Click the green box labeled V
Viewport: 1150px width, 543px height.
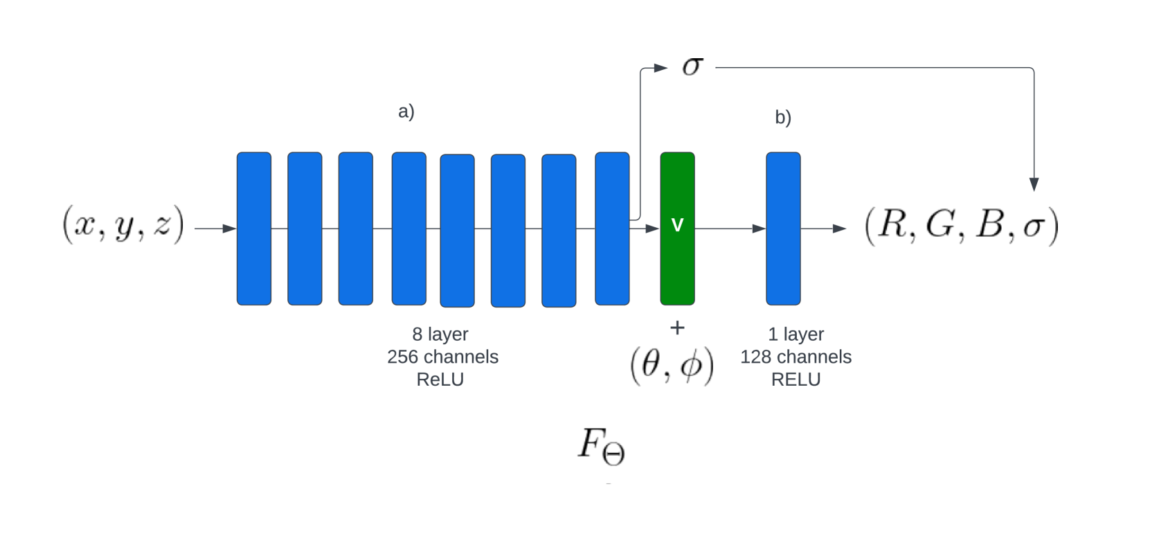677,228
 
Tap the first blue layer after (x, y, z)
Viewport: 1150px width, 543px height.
254,228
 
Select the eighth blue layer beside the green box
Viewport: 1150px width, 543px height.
612,228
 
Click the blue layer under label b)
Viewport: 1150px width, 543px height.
783,228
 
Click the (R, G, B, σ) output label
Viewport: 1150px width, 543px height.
962,226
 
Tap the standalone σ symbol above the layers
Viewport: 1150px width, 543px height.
692,66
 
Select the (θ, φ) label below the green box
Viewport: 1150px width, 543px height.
672,365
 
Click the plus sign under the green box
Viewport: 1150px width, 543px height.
677,328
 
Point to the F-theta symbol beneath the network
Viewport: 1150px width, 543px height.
601,446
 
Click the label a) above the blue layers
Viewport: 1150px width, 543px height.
406,111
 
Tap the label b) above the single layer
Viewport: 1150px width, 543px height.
783,117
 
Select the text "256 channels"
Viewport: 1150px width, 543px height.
442,357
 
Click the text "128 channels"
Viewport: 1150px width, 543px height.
796,357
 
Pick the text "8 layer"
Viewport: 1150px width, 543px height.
440,334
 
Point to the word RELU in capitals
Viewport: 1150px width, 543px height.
796,380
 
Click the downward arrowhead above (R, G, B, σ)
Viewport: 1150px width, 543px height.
1034,184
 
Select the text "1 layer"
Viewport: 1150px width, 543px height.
796,334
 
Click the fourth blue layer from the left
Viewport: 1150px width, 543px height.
408,228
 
